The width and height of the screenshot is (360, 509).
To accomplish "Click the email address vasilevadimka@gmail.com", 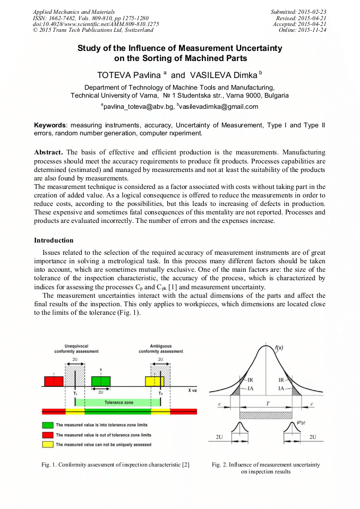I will [x=219, y=107].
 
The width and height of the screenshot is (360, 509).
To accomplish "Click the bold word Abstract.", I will [x=48, y=152].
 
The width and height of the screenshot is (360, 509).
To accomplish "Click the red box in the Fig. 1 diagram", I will [x=53, y=381].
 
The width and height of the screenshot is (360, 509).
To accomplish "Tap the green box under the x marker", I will [x=101, y=381].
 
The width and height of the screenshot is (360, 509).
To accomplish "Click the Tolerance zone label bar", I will [x=118, y=402].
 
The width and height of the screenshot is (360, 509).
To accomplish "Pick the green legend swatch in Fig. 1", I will [x=48, y=425].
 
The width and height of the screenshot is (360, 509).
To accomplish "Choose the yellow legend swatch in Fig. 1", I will [x=48, y=444].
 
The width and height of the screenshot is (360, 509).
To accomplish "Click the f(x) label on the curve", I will [x=279, y=348].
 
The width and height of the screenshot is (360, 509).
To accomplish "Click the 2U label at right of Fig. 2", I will [x=313, y=437].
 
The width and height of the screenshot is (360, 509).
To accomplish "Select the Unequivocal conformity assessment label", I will [x=75, y=349].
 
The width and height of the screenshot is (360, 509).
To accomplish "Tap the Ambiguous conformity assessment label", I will [x=160, y=349].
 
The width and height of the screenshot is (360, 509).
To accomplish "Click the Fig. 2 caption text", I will [x=265, y=468].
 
